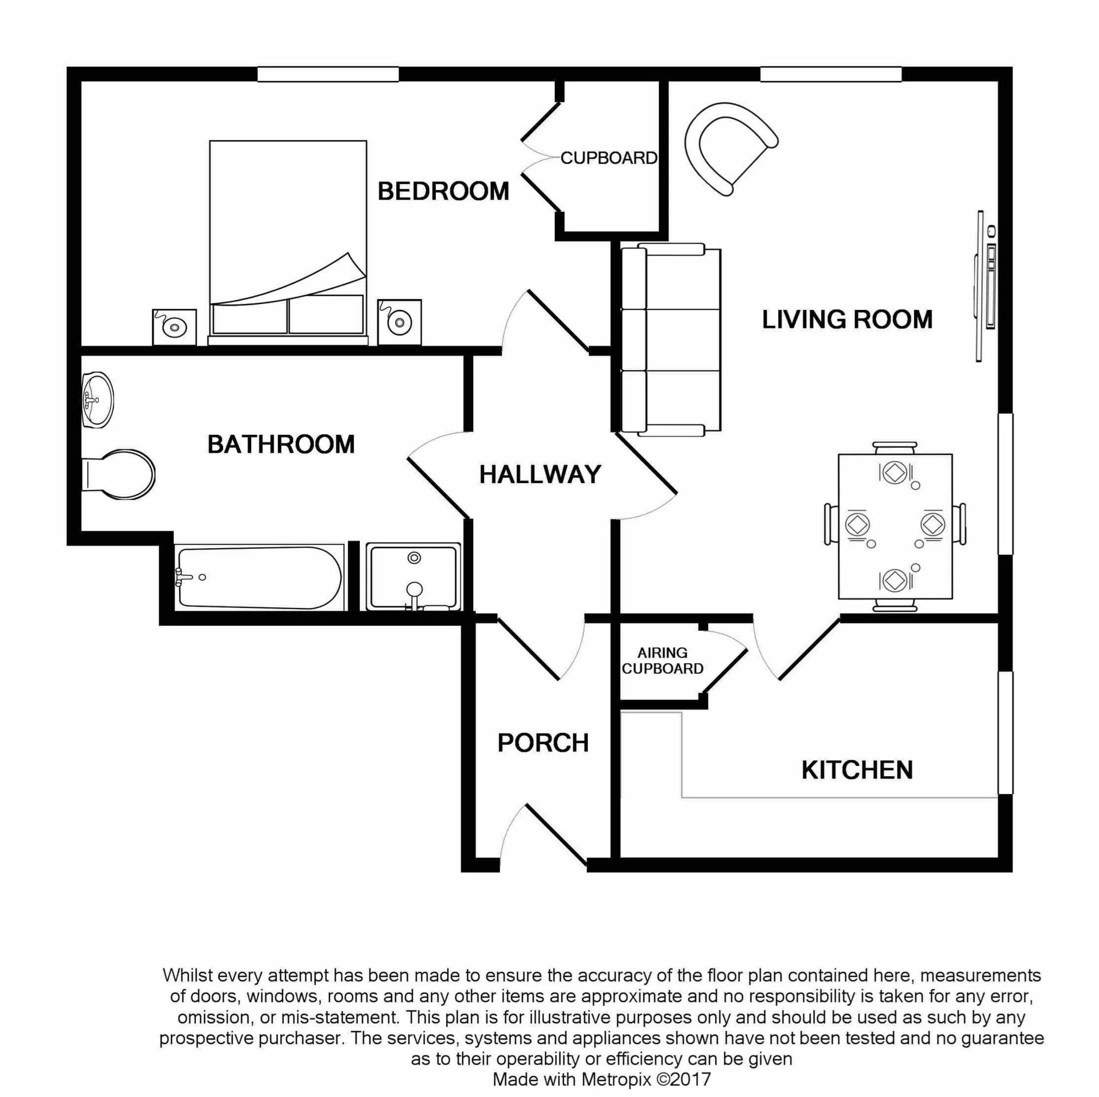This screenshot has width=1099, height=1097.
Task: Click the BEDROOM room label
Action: click(x=443, y=191)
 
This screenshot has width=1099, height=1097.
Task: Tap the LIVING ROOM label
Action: click(x=847, y=320)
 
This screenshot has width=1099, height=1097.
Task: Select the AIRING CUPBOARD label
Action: click(x=662, y=661)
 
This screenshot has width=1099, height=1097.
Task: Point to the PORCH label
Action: click(x=543, y=743)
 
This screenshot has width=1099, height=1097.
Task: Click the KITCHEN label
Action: click(x=856, y=770)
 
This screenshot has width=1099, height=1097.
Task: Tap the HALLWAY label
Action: click(x=540, y=474)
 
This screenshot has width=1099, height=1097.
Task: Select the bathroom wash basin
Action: click(x=97, y=400)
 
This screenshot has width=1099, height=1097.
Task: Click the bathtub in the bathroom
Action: click(x=259, y=578)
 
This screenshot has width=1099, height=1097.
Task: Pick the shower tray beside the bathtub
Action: click(x=414, y=577)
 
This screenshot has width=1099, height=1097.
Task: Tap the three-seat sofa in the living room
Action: click(x=671, y=340)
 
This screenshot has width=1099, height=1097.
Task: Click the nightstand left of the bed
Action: click(x=174, y=327)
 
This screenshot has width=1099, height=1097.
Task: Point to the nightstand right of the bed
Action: click(x=399, y=322)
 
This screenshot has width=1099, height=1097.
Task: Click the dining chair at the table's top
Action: click(x=895, y=448)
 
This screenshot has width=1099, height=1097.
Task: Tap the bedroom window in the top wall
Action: click(x=328, y=74)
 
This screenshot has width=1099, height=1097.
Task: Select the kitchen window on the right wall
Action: click(x=1006, y=732)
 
